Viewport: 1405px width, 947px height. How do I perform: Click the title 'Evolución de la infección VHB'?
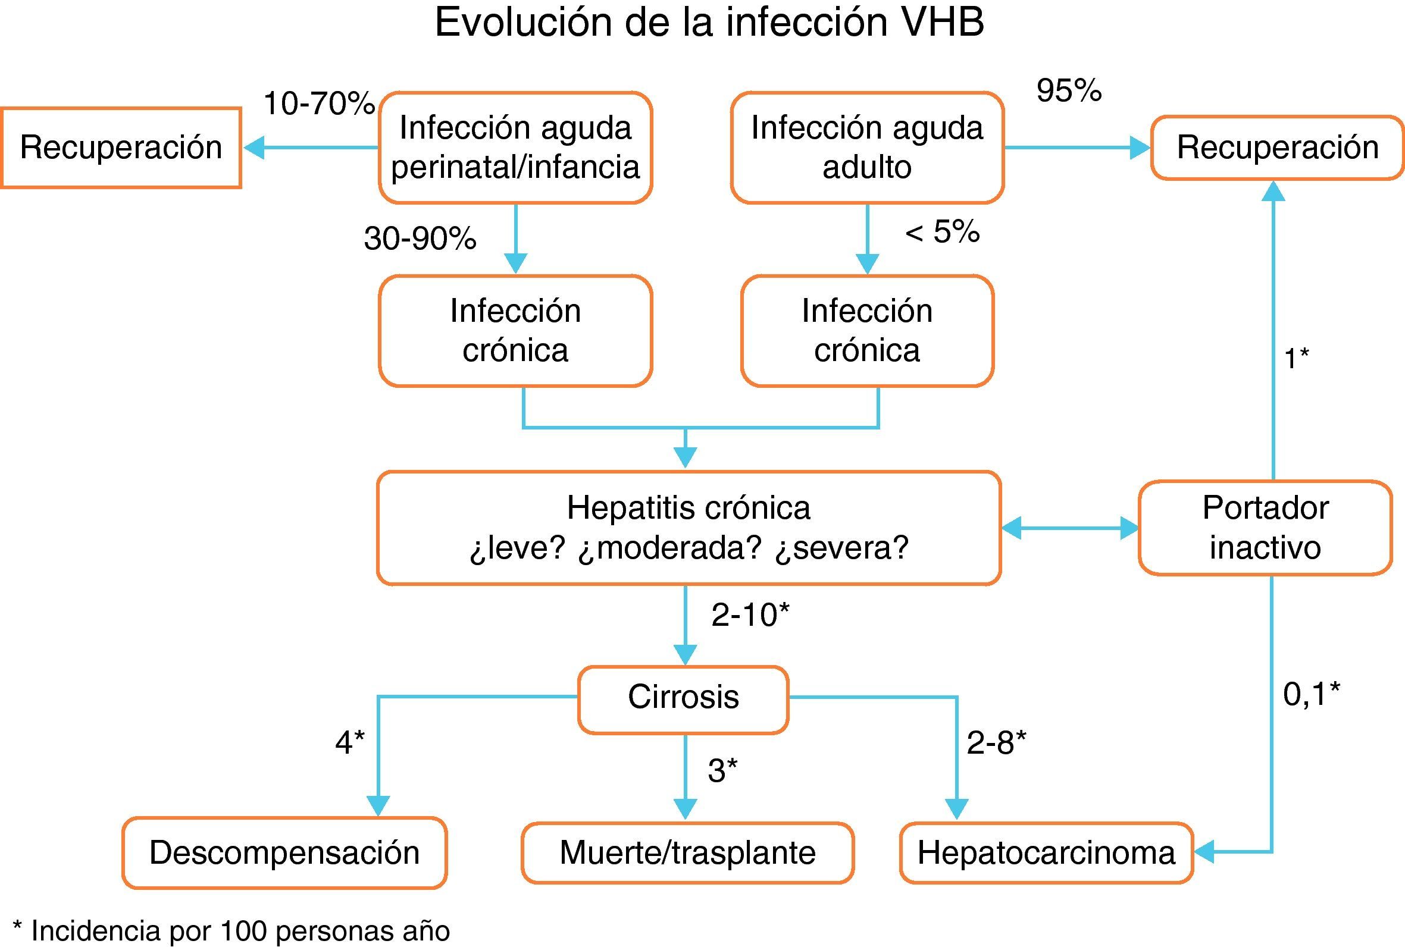pos(709,23)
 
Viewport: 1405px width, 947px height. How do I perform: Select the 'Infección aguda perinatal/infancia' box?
pos(515,148)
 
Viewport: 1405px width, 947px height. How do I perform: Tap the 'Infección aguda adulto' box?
pos(867,148)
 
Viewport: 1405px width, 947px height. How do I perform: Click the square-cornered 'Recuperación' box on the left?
pos(121,148)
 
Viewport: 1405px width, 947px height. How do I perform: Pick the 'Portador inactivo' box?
pos(1265,527)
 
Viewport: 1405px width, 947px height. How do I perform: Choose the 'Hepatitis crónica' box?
pos(689,527)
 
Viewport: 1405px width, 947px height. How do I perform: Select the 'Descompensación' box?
pos(284,853)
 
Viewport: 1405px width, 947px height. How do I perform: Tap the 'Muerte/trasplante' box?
pos(687,853)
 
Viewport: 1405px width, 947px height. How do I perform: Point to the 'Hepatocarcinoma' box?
pos(1046,853)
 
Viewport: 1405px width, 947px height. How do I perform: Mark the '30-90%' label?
pos(420,239)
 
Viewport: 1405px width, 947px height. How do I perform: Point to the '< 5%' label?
pos(942,231)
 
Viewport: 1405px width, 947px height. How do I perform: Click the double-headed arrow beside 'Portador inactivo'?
pos(1070,528)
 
